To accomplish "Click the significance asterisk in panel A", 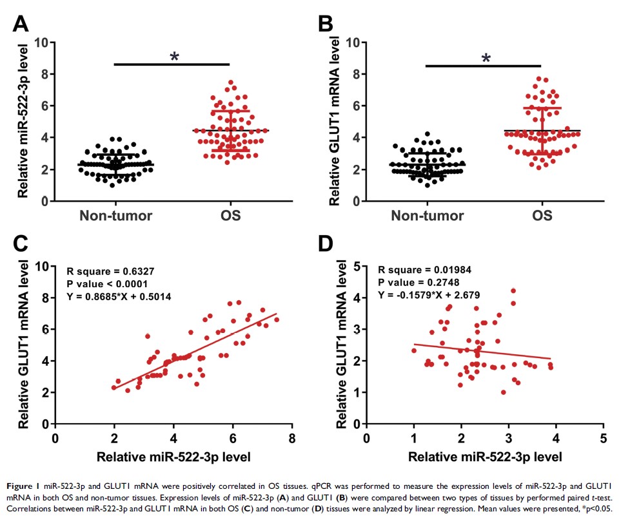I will tap(174, 57).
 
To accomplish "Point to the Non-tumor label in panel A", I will tap(116, 215).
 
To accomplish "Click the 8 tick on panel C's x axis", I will tap(291, 438).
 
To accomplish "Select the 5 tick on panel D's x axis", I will tap(603, 438).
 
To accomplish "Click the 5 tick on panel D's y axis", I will tap(357, 266).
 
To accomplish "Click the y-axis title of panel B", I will tap(334, 120).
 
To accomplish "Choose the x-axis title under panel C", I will tap(173, 457).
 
